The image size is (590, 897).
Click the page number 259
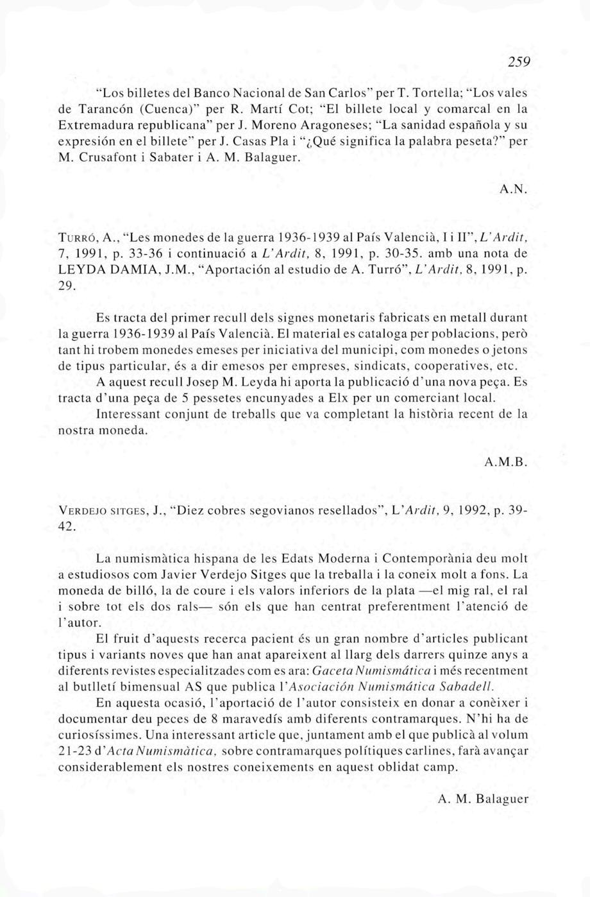click(516, 62)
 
